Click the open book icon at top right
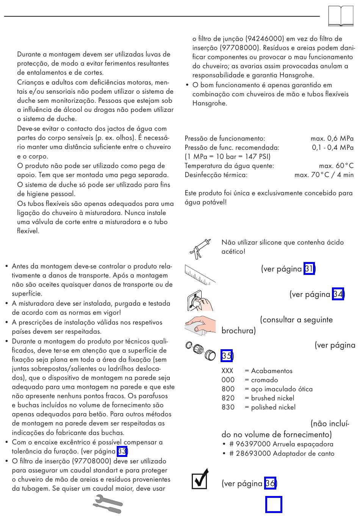click(341, 17)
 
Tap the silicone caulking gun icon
click(199, 249)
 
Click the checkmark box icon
click(200, 479)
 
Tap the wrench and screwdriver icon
click(108, 504)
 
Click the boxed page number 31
click(309, 269)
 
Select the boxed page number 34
click(338, 294)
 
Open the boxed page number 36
click(270, 483)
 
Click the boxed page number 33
click(122, 451)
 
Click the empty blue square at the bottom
click(274, 504)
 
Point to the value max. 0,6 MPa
click(332, 138)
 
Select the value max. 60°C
click(336, 166)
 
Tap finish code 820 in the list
click(228, 398)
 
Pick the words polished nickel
click(273, 407)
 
